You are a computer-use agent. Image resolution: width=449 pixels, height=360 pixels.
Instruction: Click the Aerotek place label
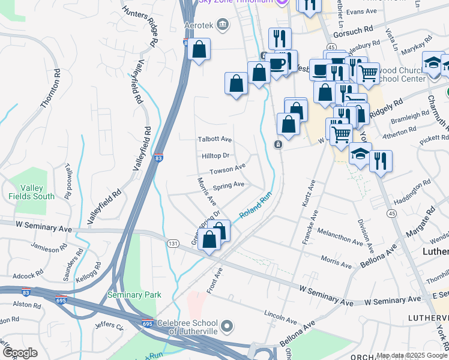click(x=199, y=24)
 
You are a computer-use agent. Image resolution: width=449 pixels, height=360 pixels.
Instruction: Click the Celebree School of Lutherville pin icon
click(x=227, y=327)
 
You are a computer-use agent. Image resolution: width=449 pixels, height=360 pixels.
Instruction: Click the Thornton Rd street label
click(x=51, y=89)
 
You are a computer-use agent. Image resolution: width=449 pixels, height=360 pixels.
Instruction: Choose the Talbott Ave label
click(x=215, y=139)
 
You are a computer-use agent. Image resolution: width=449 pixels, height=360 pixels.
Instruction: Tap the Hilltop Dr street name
click(x=215, y=155)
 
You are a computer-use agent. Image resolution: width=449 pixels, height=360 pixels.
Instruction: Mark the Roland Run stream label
click(x=256, y=206)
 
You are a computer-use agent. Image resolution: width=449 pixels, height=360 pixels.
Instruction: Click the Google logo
click(x=20, y=353)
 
